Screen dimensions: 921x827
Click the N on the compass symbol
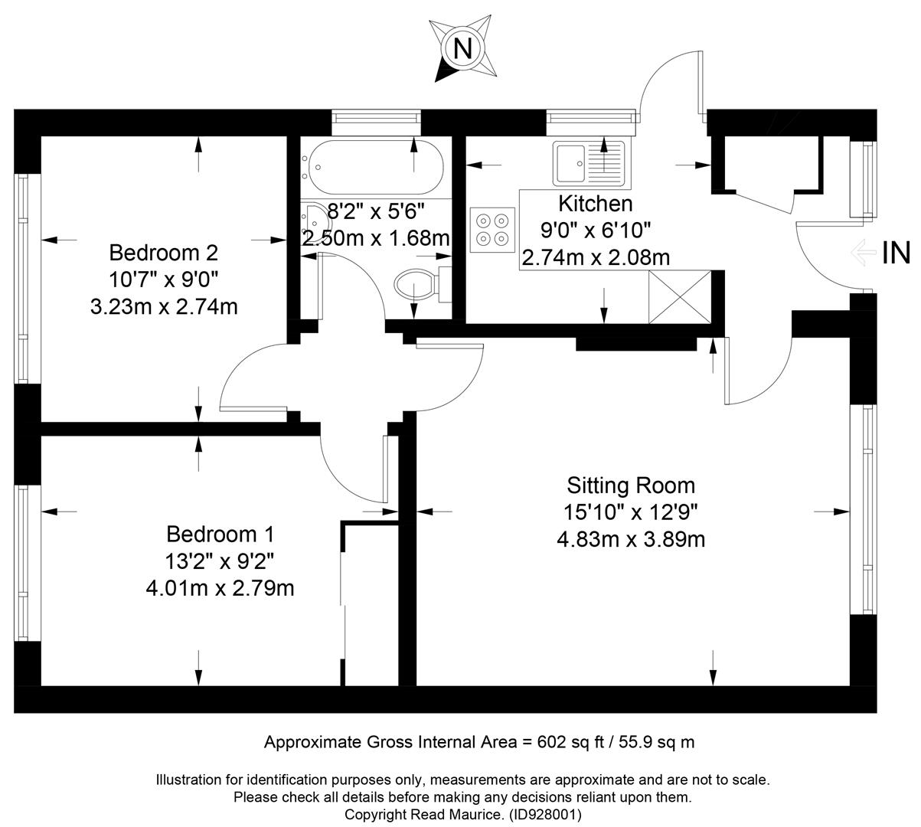[x=462, y=48]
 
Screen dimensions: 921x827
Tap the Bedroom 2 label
[x=164, y=253]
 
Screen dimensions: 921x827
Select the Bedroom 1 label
[x=220, y=534]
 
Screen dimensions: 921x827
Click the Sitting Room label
[x=631, y=485]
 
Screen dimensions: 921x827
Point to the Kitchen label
[x=596, y=204]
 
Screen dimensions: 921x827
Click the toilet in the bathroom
[x=423, y=285]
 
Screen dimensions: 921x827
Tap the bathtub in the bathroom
[x=372, y=167]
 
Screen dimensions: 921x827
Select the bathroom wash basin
[x=315, y=224]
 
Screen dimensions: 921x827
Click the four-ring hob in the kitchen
[x=492, y=230]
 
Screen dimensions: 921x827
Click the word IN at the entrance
[x=896, y=253]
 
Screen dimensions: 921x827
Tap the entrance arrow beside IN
[x=863, y=253]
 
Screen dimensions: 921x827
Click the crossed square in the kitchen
[x=680, y=297]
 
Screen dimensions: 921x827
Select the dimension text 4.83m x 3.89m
[x=631, y=540]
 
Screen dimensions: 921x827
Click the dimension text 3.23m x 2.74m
[x=164, y=307]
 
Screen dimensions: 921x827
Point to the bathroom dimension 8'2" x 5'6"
[x=376, y=211]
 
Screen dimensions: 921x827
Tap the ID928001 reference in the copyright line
[x=544, y=814]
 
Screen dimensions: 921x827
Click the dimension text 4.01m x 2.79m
[x=220, y=588]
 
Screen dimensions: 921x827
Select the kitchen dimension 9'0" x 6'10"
[x=596, y=230]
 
